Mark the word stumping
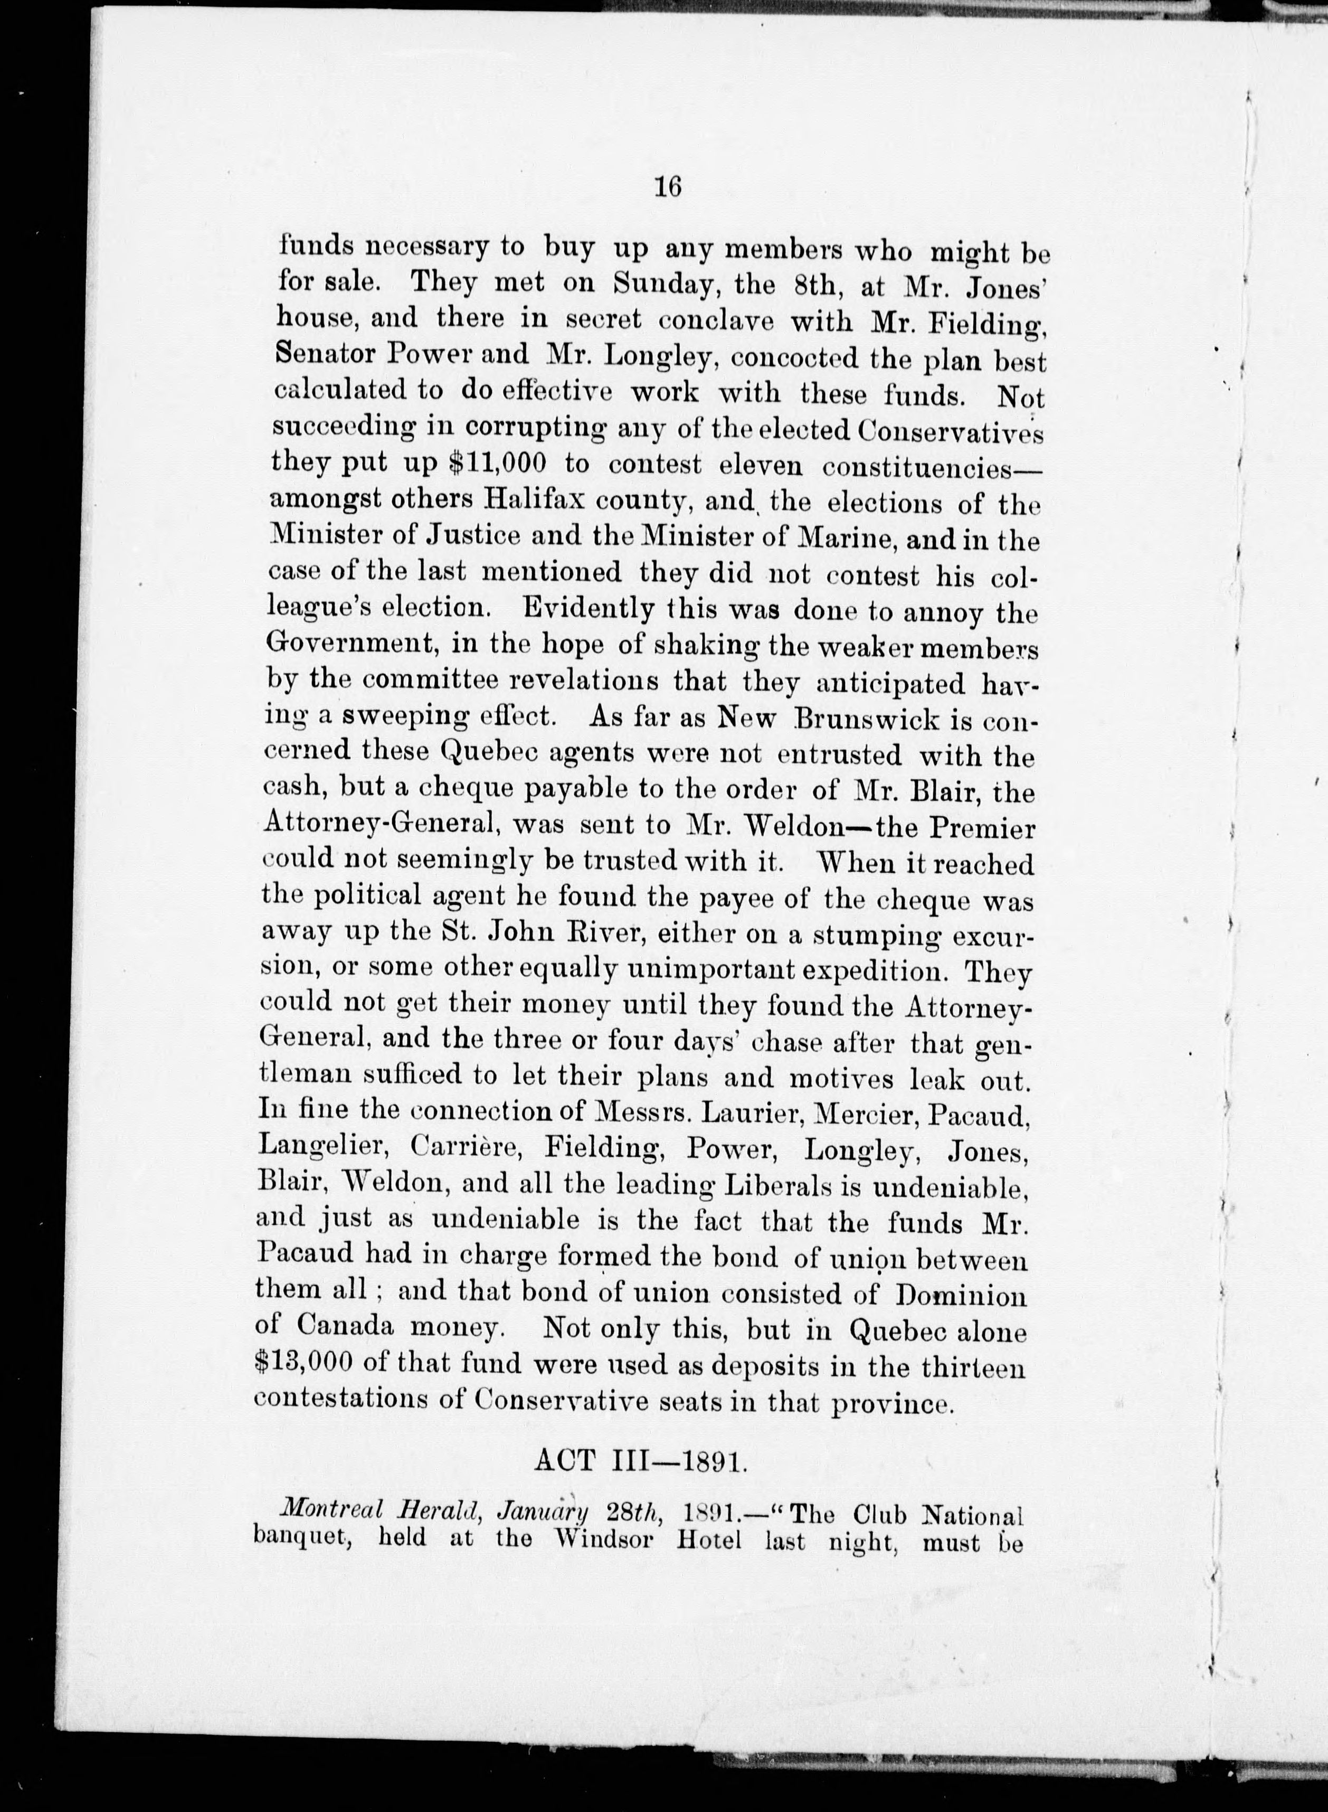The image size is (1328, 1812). [x=873, y=935]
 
